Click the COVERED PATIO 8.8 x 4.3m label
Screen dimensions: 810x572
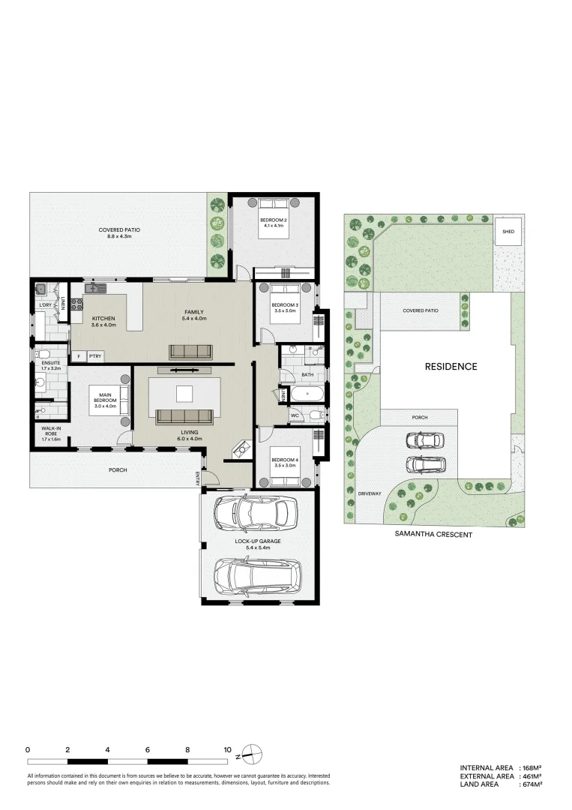click(119, 232)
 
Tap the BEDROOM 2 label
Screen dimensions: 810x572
click(274, 223)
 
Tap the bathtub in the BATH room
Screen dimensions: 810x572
click(307, 394)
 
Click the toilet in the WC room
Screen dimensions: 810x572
click(316, 415)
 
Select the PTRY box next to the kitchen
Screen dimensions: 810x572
click(95, 356)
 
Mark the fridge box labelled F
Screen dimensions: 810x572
click(78, 356)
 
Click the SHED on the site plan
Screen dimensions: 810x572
click(508, 232)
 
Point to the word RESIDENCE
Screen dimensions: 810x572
click(451, 367)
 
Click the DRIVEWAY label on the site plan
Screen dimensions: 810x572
click(370, 494)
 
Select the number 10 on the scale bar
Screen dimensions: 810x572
click(227, 749)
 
